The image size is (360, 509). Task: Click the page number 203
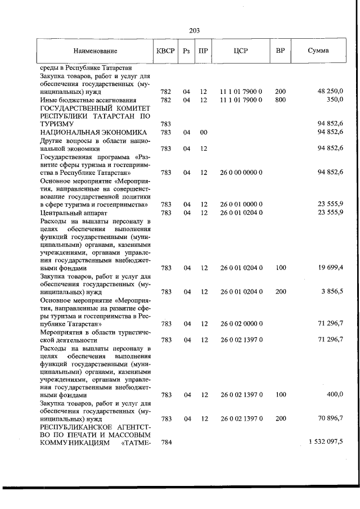(x=195, y=30)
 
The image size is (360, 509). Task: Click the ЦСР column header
(x=241, y=51)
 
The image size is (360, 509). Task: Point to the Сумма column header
(x=318, y=51)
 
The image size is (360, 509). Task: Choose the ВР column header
(x=280, y=51)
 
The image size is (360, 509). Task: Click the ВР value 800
(x=280, y=100)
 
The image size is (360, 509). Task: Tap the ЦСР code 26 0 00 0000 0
(x=241, y=172)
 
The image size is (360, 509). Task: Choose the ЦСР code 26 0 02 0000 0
(x=241, y=323)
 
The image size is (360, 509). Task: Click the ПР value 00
(x=204, y=132)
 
